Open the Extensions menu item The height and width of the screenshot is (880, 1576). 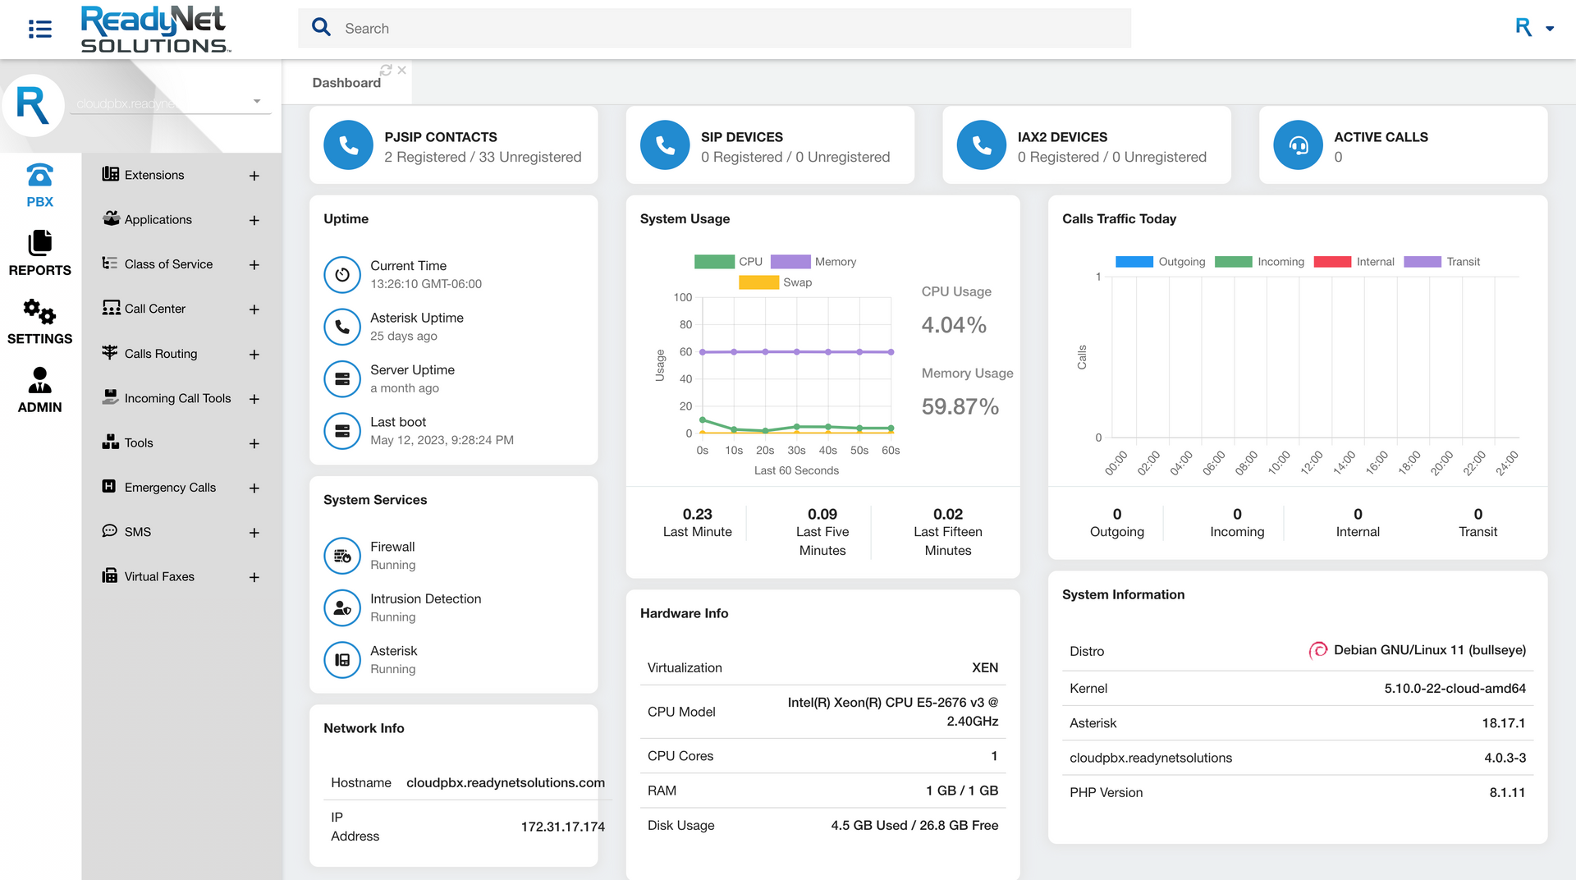pyautogui.click(x=154, y=175)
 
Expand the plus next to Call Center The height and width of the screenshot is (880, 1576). pyautogui.click(x=254, y=309)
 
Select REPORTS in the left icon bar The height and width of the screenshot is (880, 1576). pyautogui.click(x=39, y=253)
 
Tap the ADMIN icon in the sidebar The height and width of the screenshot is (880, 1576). pyautogui.click(x=39, y=390)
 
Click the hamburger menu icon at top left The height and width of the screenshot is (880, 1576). pyautogui.click(x=39, y=29)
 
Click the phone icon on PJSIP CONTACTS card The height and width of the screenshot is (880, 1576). pyautogui.click(x=348, y=145)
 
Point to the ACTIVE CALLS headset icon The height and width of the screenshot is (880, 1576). pyautogui.click(x=1298, y=145)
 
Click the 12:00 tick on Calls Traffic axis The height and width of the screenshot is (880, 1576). pyautogui.click(x=1311, y=462)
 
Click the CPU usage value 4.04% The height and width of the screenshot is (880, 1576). pyautogui.click(x=954, y=325)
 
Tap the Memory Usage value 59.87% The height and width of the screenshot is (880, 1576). pyautogui.click(x=960, y=406)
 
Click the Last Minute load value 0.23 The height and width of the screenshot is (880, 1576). pyautogui.click(x=697, y=514)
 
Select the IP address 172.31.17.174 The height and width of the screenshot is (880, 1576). pyautogui.click(x=562, y=827)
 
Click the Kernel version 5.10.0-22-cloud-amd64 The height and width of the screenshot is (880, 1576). pyautogui.click(x=1455, y=689)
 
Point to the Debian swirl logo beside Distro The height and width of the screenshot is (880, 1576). pyautogui.click(x=1317, y=650)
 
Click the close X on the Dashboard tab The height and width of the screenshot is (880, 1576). pyautogui.click(x=402, y=71)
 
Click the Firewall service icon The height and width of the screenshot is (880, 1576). pyautogui.click(x=342, y=556)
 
